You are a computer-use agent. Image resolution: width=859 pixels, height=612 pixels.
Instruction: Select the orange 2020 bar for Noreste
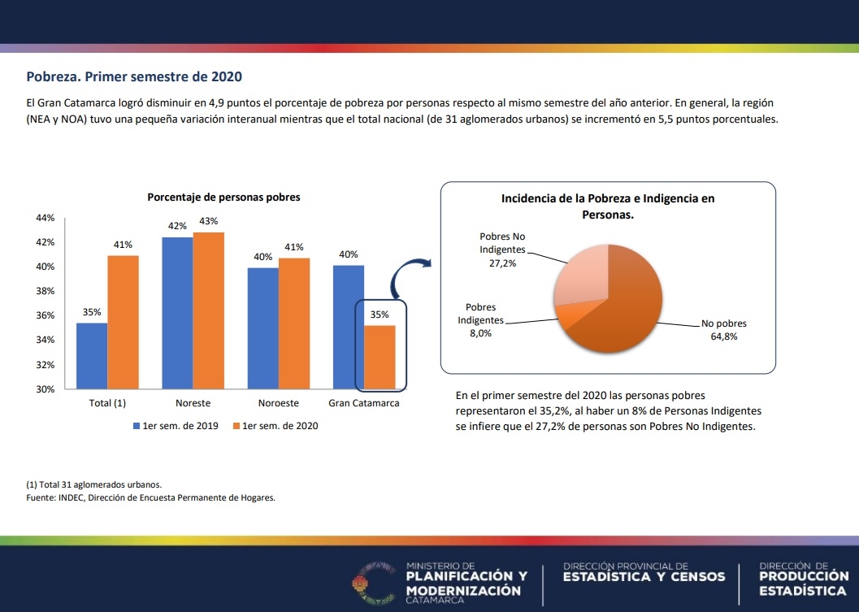[x=209, y=310]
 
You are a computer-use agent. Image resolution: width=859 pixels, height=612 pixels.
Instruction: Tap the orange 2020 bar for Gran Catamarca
[x=380, y=357]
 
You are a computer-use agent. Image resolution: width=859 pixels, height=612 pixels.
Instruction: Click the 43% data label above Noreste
[x=209, y=221]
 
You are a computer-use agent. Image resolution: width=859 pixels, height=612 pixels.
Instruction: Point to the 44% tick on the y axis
[x=45, y=218]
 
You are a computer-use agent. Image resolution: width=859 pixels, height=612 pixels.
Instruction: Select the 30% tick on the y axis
[x=45, y=388]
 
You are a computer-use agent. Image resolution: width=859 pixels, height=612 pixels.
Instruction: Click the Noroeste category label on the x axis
[x=278, y=403]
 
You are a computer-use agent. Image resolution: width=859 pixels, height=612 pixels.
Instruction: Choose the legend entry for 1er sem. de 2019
[x=175, y=426]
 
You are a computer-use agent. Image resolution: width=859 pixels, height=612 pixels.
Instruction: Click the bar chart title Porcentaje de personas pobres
[x=223, y=197]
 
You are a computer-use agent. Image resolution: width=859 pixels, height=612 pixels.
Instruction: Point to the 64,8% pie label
[x=723, y=336]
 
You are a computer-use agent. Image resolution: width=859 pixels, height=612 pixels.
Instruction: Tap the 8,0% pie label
[x=481, y=332]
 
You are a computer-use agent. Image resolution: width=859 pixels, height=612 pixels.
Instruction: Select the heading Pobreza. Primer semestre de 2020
[x=134, y=77]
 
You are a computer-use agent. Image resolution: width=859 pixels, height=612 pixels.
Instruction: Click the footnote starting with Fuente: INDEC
[x=151, y=498]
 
